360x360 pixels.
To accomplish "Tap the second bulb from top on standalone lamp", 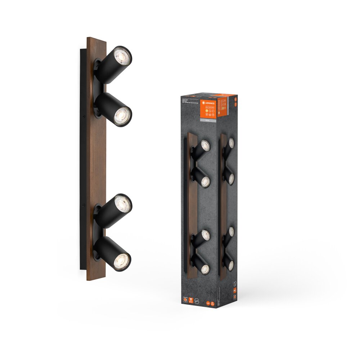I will point(122,116).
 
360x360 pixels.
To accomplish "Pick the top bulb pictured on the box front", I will point(205,145).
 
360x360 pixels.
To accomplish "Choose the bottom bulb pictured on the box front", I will point(205,269).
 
